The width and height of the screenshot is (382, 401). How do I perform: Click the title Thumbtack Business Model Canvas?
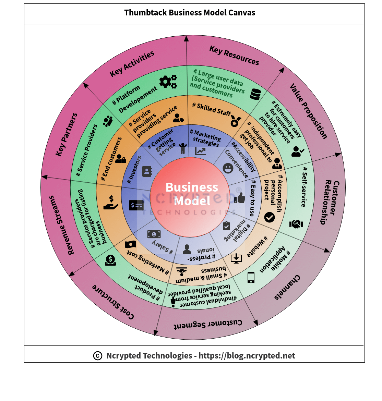pos(190,13)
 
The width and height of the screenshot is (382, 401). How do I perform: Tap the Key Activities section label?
pos(132,64)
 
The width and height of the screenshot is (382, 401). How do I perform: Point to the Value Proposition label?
pos(309,111)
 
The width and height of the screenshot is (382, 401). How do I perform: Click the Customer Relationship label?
pos(330,202)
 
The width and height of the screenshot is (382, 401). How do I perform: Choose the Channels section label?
pos(287,287)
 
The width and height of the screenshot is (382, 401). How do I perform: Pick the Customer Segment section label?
pos(208,324)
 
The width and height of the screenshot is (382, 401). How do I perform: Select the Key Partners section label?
pos(67,135)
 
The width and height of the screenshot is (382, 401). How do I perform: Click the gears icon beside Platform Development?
pos(168,82)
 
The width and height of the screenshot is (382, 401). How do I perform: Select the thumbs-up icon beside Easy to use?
pos(240,198)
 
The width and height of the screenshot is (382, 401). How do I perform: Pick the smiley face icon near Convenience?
pos(228,168)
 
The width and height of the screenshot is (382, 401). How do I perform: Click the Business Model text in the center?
pos(192,194)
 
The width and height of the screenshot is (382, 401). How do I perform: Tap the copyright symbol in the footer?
pos(98,356)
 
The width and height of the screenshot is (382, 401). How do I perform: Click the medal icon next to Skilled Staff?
pos(235,122)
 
